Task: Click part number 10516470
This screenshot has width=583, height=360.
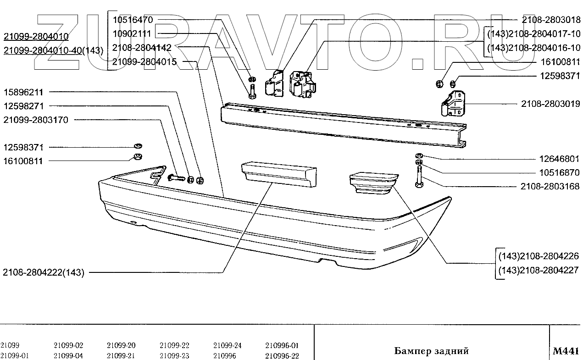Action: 132,20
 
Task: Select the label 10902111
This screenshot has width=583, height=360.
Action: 132,33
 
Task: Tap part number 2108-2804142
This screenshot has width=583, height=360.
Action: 142,48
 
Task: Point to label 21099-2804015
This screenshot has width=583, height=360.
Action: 144,62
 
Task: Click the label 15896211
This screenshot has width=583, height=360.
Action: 23,92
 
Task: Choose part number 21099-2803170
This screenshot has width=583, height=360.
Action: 36,120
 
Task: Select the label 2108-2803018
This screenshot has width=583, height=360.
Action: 550,20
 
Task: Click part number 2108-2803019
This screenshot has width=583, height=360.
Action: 550,104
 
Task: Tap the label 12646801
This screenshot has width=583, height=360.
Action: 559,159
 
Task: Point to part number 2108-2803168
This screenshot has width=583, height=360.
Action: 550,187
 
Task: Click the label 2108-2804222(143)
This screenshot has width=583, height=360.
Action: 44,272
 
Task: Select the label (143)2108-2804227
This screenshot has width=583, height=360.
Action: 539,271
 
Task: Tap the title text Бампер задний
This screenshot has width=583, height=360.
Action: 431,351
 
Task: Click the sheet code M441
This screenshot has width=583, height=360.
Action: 566,351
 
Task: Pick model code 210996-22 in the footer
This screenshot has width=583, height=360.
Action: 282,356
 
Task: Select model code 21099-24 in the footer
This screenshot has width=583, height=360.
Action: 228,346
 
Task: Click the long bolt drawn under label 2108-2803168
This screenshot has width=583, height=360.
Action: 418,177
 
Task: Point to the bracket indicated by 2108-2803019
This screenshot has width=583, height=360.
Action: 452,105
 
